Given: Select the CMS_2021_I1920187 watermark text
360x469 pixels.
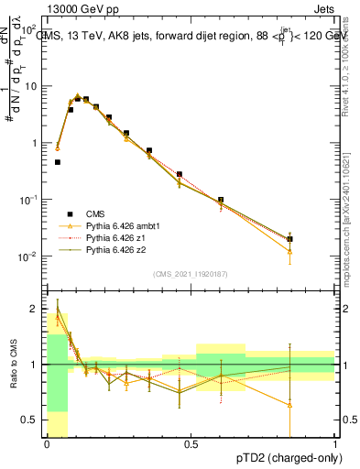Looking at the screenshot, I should (191, 274).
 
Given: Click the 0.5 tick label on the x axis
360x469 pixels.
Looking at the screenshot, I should (191, 444).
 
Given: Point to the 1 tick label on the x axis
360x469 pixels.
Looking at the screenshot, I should (336, 444).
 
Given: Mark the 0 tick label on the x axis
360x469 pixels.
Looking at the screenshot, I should (47, 444).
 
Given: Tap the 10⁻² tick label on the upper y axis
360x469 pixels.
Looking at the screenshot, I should (29, 256).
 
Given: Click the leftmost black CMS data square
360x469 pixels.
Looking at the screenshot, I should (58, 162).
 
